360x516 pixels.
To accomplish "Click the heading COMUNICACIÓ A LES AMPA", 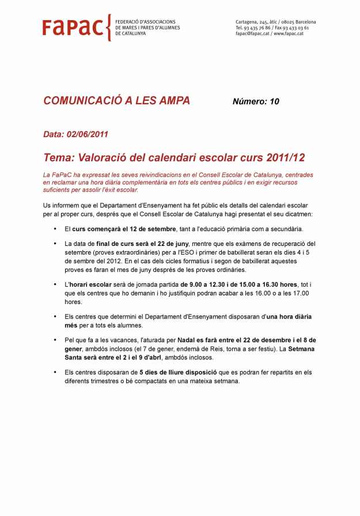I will (116, 101).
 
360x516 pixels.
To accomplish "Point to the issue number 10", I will (274, 102).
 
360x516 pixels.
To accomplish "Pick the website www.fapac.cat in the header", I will (289, 33).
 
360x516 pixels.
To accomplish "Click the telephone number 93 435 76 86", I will (257, 28).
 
